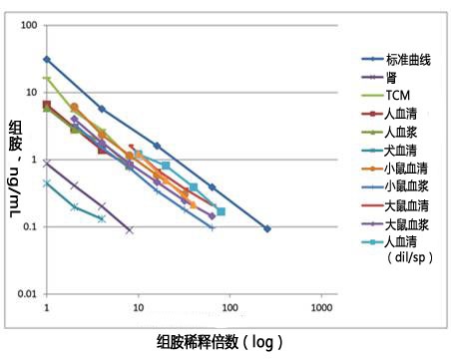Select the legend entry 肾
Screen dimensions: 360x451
pyautogui.click(x=393, y=78)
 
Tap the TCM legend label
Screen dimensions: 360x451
pyautogui.click(x=399, y=95)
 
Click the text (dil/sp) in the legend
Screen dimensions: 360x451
pyautogui.click(x=407, y=257)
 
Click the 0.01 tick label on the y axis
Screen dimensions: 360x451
pyautogui.click(x=26, y=293)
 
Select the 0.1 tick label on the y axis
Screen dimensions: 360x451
pyautogui.click(x=30, y=226)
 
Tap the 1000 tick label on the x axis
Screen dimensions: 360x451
pyautogui.click(x=321, y=309)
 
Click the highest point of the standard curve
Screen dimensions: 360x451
pyautogui.click(x=47, y=59)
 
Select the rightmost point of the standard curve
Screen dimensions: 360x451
pyautogui.click(x=266, y=228)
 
